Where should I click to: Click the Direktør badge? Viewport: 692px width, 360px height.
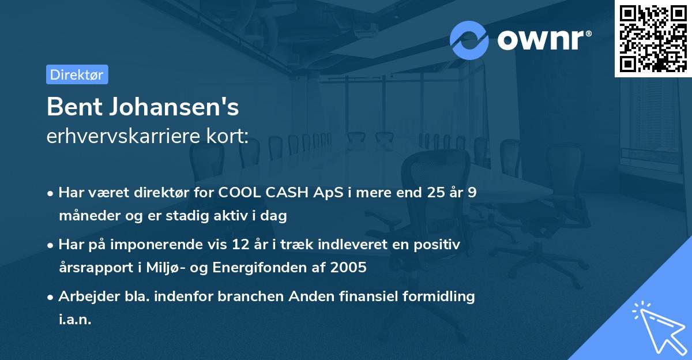click(77, 74)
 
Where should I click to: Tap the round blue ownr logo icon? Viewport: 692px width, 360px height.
click(469, 40)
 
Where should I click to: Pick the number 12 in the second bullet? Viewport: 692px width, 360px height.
click(238, 245)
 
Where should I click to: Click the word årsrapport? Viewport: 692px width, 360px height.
click(89, 268)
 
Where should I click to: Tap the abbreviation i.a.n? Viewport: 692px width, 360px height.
click(75, 320)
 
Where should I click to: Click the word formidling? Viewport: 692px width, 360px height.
click(439, 297)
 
